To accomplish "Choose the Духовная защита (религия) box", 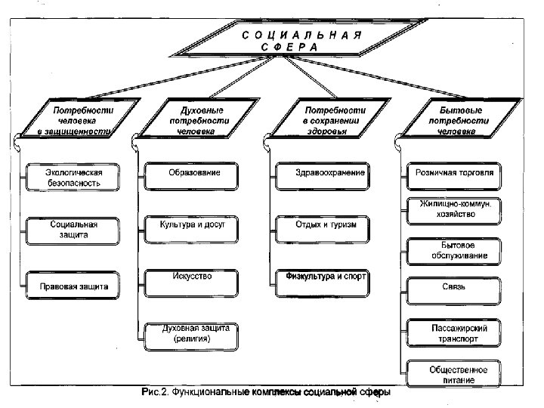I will click(x=191, y=333).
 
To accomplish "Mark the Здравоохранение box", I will click(x=320, y=173).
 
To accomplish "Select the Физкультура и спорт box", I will click(x=321, y=277).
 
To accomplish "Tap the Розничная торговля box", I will click(x=454, y=173).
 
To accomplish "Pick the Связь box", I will click(x=454, y=289).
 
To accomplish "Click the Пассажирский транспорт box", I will click(x=454, y=334).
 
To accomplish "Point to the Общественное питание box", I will click(x=454, y=375).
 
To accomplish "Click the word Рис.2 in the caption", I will click(x=155, y=393).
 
